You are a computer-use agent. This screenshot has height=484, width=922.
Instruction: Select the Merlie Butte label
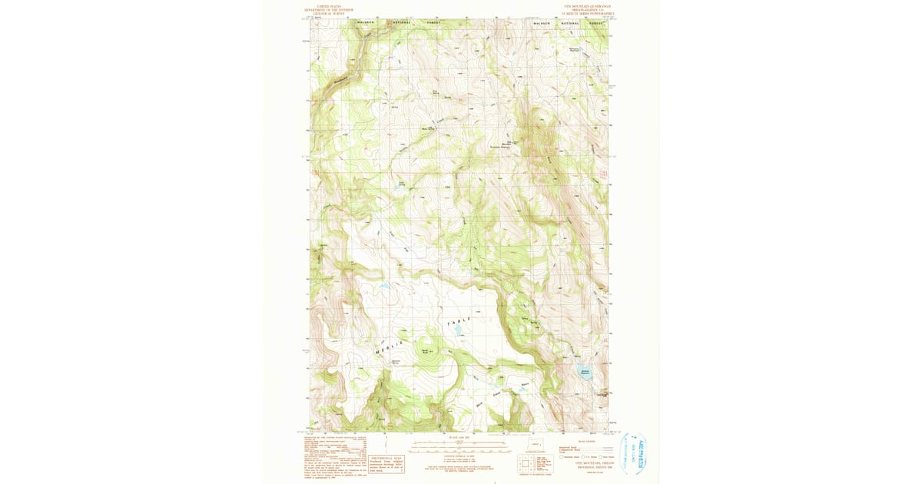tap(426, 352)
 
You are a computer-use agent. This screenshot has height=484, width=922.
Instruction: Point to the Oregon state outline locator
tap(536, 444)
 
